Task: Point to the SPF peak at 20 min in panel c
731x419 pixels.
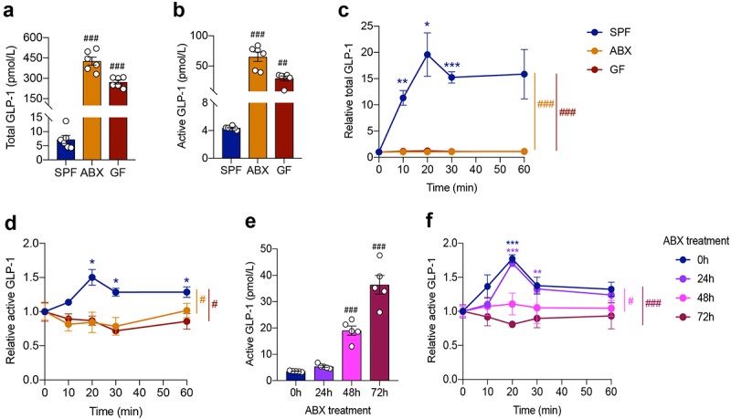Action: pos(426,54)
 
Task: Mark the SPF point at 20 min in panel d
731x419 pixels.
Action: pos(91,278)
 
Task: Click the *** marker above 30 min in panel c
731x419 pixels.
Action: pos(451,65)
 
